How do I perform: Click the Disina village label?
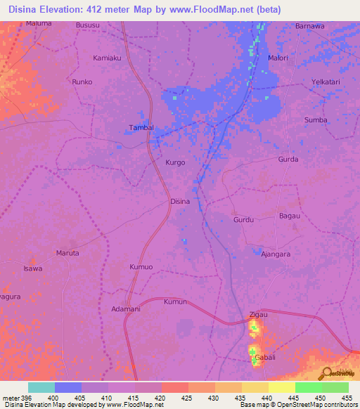tap(180, 201)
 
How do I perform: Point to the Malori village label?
tap(278, 58)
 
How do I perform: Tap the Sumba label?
tap(316, 120)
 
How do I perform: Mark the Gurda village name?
tap(288, 160)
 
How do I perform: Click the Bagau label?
tap(290, 216)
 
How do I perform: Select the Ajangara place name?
tap(276, 254)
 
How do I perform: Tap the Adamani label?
tap(127, 309)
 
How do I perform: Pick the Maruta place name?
tap(67, 252)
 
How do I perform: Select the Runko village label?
tap(82, 82)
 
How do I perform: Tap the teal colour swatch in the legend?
tap(41, 387)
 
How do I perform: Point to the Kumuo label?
tap(141, 267)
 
